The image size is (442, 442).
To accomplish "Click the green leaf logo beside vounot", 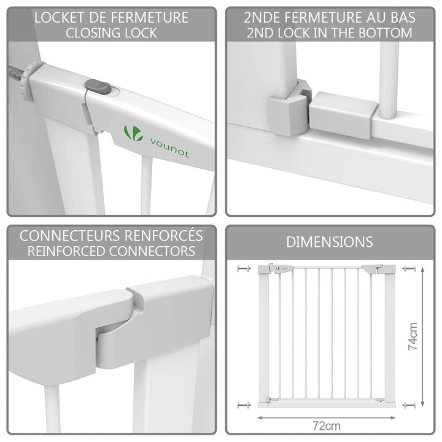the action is tap(133, 133).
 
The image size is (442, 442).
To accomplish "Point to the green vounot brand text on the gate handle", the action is tap(169, 147).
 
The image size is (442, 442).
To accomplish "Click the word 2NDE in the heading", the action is tap(262, 17).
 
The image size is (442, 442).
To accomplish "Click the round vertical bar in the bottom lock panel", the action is tap(389, 80).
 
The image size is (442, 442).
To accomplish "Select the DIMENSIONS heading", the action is tap(330, 242).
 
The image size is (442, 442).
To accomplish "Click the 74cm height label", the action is tap(413, 336).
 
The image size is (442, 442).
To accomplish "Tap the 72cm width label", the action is tap(327, 426).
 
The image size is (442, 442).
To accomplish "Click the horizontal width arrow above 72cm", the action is tap(327, 417).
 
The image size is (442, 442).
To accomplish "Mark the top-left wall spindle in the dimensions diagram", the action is tap(244, 268).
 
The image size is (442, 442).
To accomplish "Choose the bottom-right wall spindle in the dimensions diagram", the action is tap(409, 405).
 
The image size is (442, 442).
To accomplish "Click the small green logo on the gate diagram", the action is tap(278, 268).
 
